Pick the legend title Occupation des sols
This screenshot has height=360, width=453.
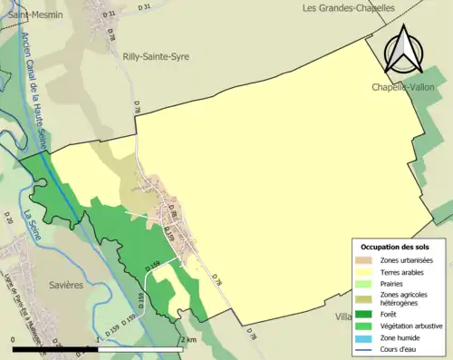click(x=395, y=247)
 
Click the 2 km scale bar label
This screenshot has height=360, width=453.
click(x=188, y=339)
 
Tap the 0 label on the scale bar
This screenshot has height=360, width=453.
click(x=14, y=339)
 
